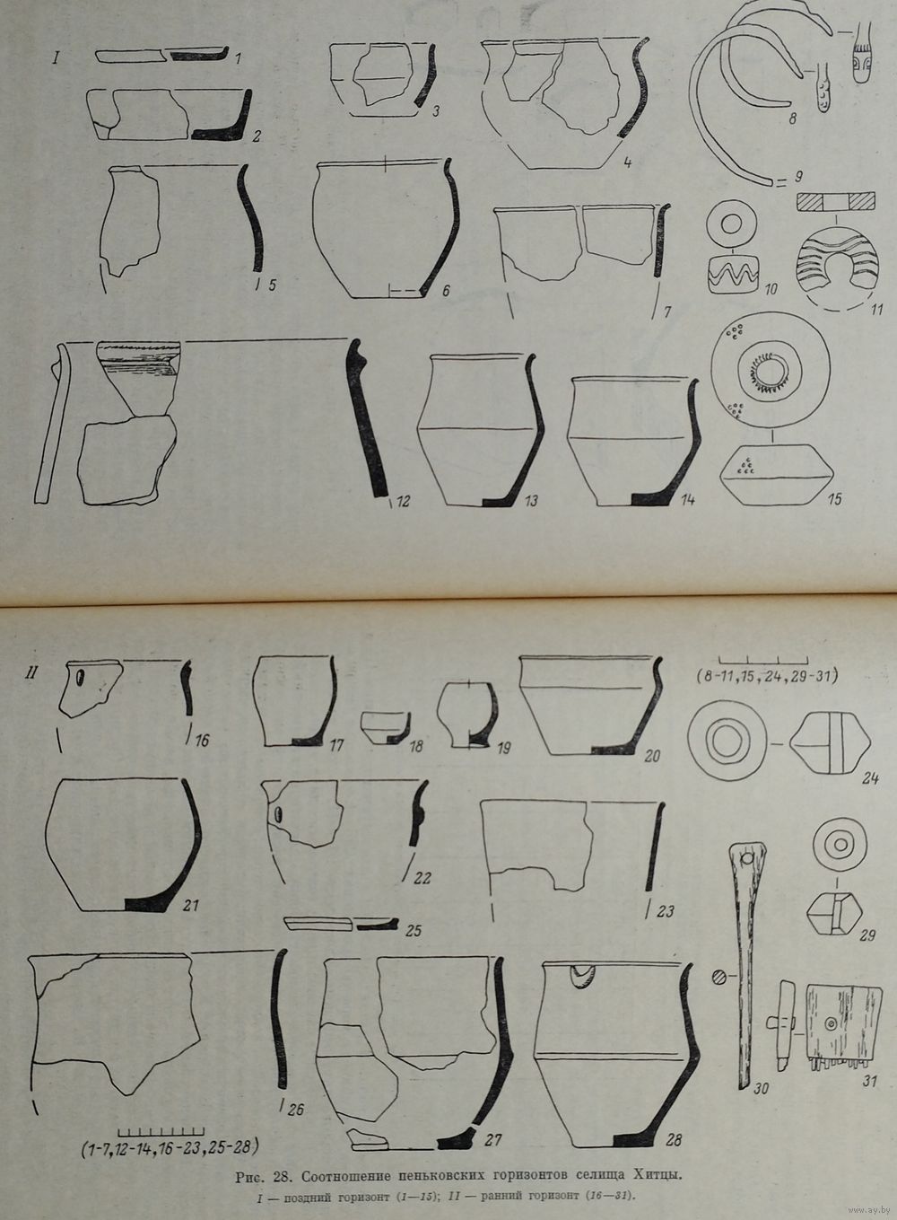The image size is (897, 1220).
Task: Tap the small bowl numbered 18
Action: (385, 728)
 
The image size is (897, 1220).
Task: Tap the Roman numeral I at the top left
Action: (56, 57)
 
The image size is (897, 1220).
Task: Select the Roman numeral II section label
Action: (30, 672)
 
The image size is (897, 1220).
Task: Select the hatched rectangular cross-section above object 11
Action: (835, 201)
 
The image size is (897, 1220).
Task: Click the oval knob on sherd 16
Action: (80, 678)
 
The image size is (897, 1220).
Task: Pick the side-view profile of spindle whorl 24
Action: (830, 744)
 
